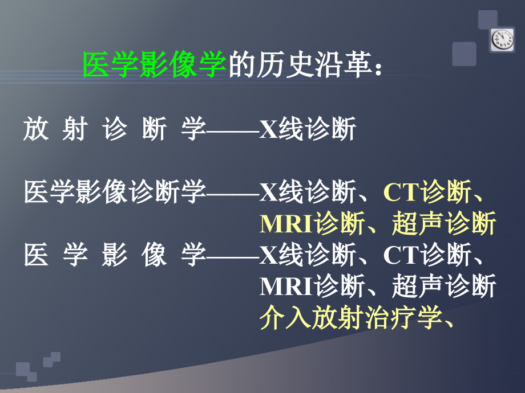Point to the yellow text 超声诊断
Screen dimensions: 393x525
443,224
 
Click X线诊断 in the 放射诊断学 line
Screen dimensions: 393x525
308,130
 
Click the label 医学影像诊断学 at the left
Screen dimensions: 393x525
114,193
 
